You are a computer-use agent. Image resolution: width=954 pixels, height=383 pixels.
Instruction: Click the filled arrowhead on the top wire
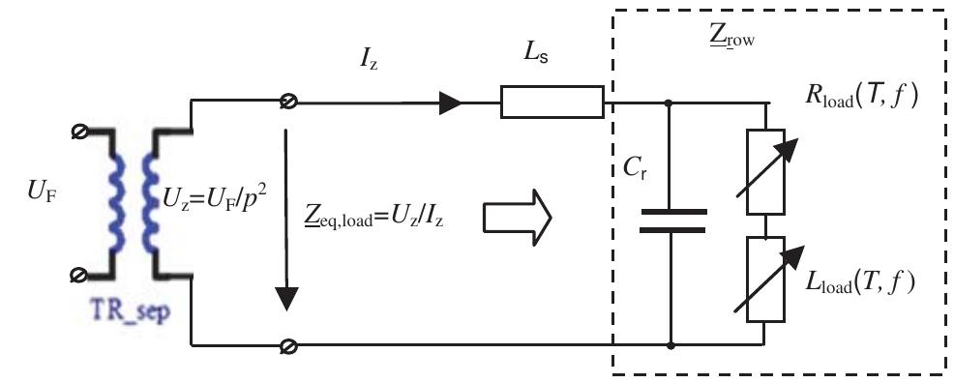click(x=450, y=102)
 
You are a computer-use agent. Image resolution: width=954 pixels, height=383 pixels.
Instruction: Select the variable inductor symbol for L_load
click(x=765, y=279)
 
